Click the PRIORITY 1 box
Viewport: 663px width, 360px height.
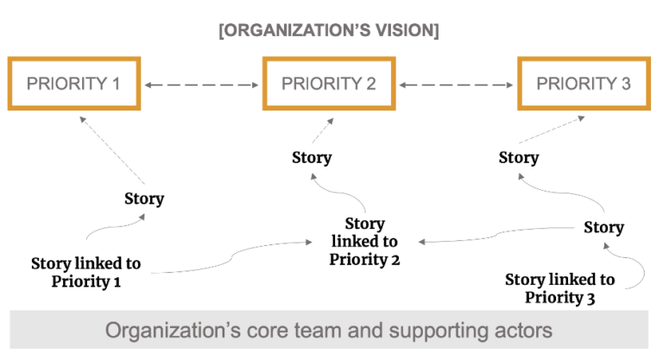[x=73, y=84]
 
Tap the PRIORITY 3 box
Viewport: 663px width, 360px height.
[x=584, y=84]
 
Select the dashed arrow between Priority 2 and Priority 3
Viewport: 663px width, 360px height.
[x=457, y=85]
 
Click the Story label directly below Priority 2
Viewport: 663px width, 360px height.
[x=312, y=157]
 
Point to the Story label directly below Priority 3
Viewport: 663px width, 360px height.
[x=519, y=157]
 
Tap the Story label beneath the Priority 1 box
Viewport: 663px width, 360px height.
[x=143, y=199]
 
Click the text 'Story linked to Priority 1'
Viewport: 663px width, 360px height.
[x=85, y=272]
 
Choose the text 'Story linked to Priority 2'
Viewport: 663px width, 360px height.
[x=364, y=241]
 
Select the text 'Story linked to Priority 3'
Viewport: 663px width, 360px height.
[x=559, y=288]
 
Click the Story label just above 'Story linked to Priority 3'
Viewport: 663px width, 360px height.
[x=603, y=227]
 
